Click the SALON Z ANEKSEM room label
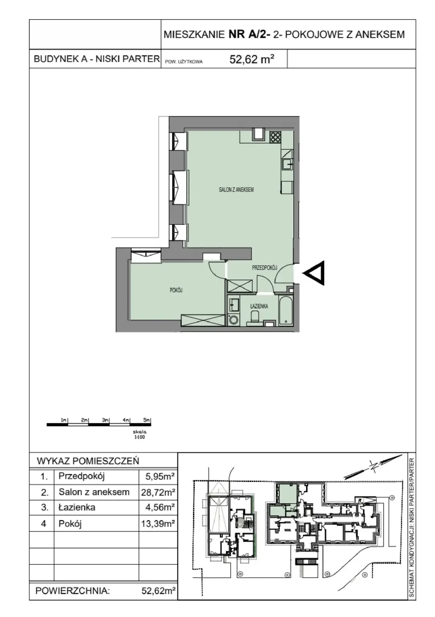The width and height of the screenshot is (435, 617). (236, 190)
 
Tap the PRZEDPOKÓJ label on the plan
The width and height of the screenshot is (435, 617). (264, 268)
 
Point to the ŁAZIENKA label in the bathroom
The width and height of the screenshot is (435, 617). (259, 306)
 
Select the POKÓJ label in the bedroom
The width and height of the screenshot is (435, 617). (176, 290)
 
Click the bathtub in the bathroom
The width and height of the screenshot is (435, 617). (286, 311)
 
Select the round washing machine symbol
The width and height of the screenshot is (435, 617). (234, 320)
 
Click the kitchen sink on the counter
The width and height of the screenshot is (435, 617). (287, 165)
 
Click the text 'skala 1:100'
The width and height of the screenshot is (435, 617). (140, 434)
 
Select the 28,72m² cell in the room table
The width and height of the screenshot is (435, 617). (158, 492)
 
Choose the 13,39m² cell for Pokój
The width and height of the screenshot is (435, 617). (158, 523)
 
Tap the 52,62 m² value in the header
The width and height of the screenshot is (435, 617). (252, 59)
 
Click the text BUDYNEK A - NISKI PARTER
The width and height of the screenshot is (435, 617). (97, 59)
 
